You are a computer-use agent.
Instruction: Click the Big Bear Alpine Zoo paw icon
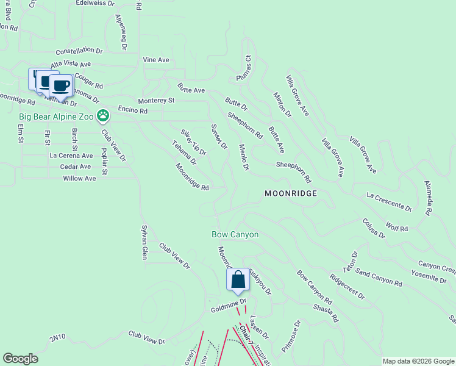[x=104, y=115]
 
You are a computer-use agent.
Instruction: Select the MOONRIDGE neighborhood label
[x=291, y=193]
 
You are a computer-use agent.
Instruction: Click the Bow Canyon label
[x=235, y=234]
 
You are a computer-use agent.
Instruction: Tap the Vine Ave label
[x=155, y=60]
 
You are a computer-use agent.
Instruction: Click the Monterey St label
[x=156, y=100]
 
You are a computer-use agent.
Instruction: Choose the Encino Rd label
[x=133, y=111]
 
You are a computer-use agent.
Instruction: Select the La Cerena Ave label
[x=71, y=156]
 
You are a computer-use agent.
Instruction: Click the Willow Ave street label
[x=79, y=179]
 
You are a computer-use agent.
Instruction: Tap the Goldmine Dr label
[x=228, y=306]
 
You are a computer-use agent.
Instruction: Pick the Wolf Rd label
[x=396, y=227]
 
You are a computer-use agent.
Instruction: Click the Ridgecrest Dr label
[x=347, y=286]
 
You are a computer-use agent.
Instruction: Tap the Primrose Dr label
[x=292, y=337]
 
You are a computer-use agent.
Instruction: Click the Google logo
[x=21, y=359]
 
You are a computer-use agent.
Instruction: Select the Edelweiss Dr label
[x=95, y=3]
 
